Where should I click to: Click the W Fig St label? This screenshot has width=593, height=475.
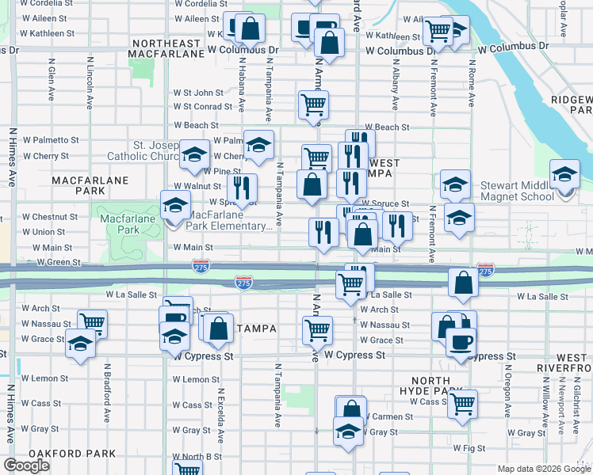(x=469, y=448)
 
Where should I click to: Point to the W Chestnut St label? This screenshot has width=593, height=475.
(x=48, y=216)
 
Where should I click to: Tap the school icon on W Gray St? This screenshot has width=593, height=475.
(x=347, y=431)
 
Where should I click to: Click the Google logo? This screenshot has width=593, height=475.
(x=26, y=465)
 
